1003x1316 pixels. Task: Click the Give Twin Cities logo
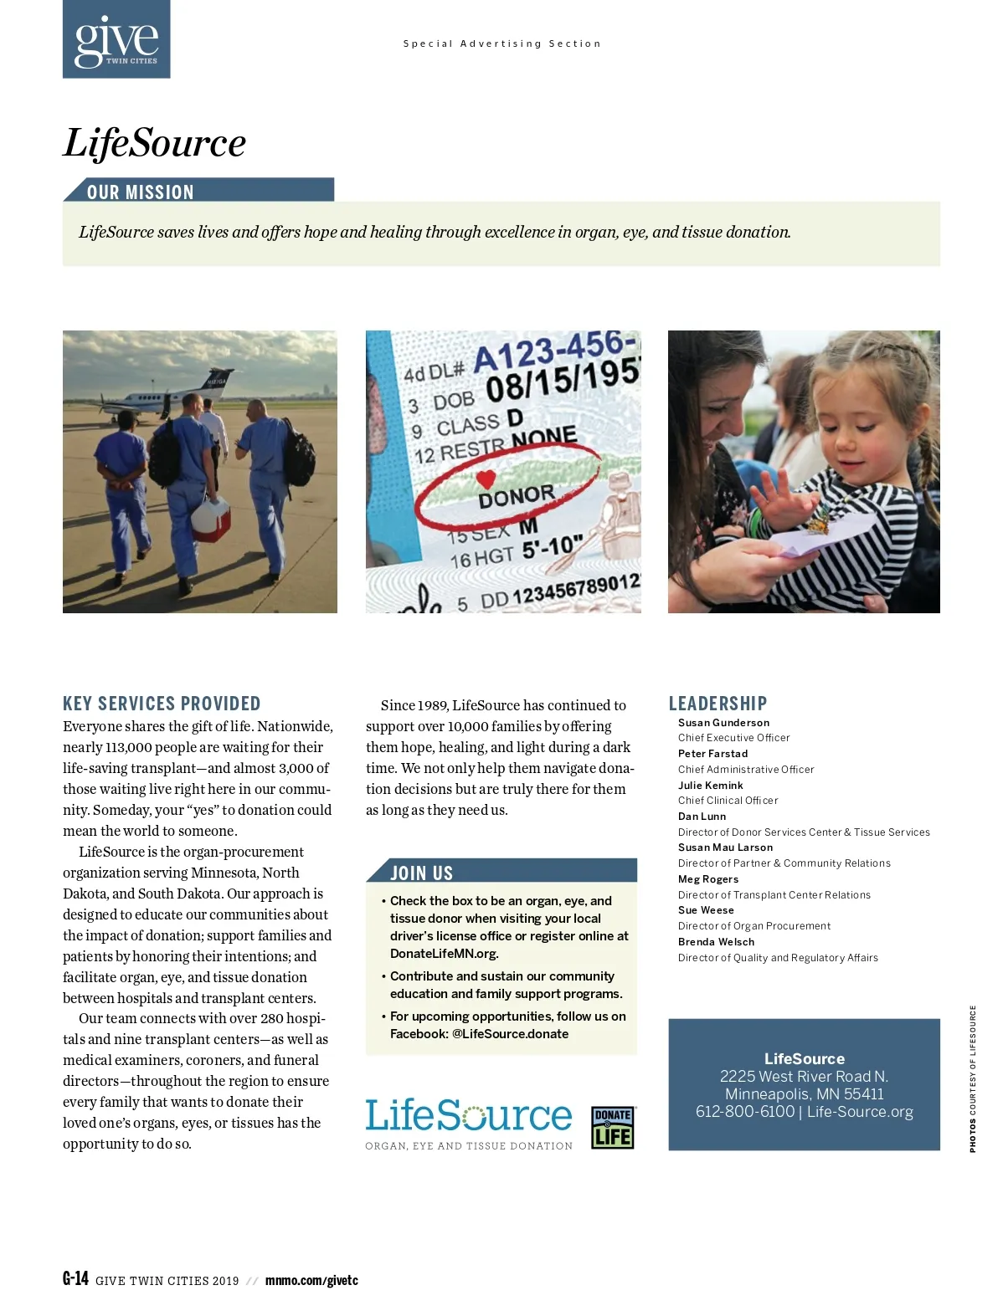(116, 39)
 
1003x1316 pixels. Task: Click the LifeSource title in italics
(155, 142)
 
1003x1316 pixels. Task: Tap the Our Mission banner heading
(141, 192)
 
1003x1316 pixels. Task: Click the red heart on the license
(486, 479)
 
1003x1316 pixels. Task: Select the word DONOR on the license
(517, 495)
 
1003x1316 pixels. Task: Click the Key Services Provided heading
(162, 704)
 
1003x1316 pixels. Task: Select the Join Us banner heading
(422, 873)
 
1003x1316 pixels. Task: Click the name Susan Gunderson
(723, 723)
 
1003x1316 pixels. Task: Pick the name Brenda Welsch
(716, 942)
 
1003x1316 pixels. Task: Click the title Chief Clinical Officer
(728, 801)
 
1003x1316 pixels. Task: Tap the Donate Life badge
(613, 1127)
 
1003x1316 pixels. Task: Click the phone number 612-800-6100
(744, 1112)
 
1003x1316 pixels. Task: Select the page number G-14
(75, 1278)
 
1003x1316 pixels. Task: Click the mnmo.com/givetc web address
(311, 1280)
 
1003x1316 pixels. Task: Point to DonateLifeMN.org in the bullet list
(444, 954)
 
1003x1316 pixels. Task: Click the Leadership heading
(718, 704)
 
